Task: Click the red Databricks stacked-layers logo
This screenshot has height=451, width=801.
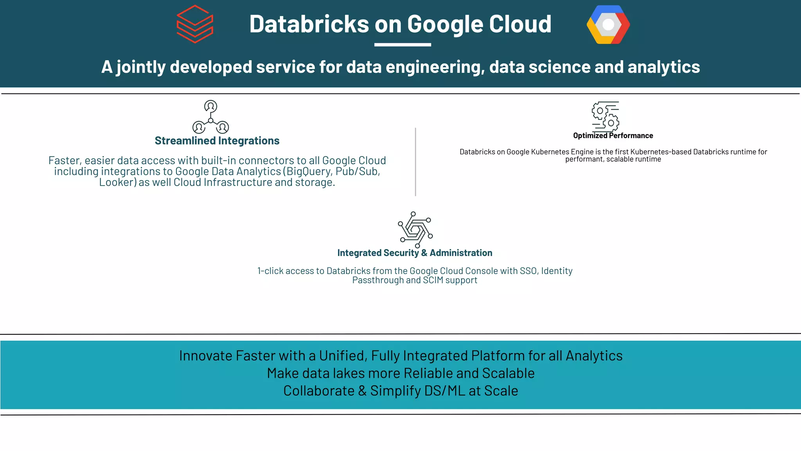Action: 195,24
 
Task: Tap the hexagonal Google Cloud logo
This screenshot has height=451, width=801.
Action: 608,25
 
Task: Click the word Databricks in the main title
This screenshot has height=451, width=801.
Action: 309,24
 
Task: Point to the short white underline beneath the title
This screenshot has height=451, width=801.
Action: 402,45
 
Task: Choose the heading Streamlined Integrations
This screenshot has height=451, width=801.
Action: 217,141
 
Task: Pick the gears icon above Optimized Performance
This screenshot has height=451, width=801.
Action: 605,116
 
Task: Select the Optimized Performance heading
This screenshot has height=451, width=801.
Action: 613,135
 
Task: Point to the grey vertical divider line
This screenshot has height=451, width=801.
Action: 415,162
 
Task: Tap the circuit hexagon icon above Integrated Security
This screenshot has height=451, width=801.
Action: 415,229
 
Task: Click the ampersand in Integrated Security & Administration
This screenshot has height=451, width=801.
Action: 424,253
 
